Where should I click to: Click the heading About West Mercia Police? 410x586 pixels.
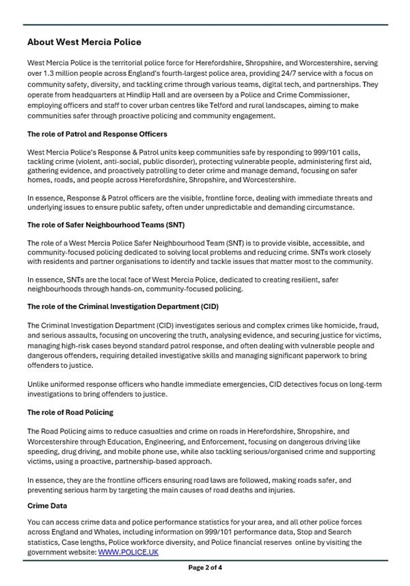(x=84, y=42)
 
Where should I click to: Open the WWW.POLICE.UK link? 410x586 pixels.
(x=128, y=552)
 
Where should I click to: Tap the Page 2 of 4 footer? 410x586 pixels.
(x=205, y=568)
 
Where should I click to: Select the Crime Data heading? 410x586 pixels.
(x=47, y=506)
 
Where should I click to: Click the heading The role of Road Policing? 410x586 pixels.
(x=70, y=412)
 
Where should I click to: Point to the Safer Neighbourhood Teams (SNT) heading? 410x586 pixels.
(x=106, y=224)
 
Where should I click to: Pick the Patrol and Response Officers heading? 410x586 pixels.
(x=97, y=134)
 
